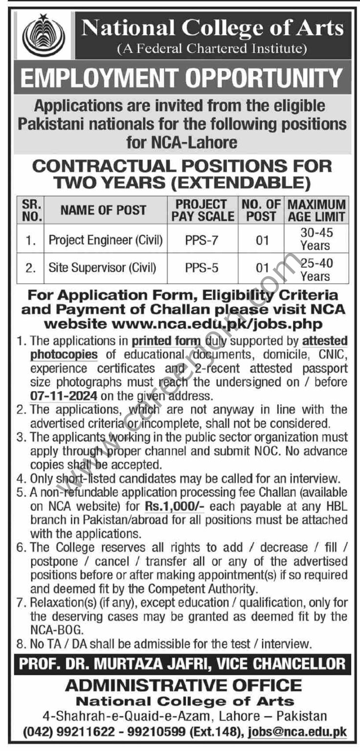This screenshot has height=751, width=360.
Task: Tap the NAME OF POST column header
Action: point(103,210)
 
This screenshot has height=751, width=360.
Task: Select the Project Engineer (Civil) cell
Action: point(106,240)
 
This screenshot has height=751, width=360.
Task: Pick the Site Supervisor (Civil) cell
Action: point(102,268)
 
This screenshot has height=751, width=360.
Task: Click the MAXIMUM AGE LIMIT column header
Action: point(316,210)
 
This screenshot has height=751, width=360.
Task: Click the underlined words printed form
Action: point(166,340)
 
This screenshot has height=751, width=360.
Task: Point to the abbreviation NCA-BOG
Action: point(54,630)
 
